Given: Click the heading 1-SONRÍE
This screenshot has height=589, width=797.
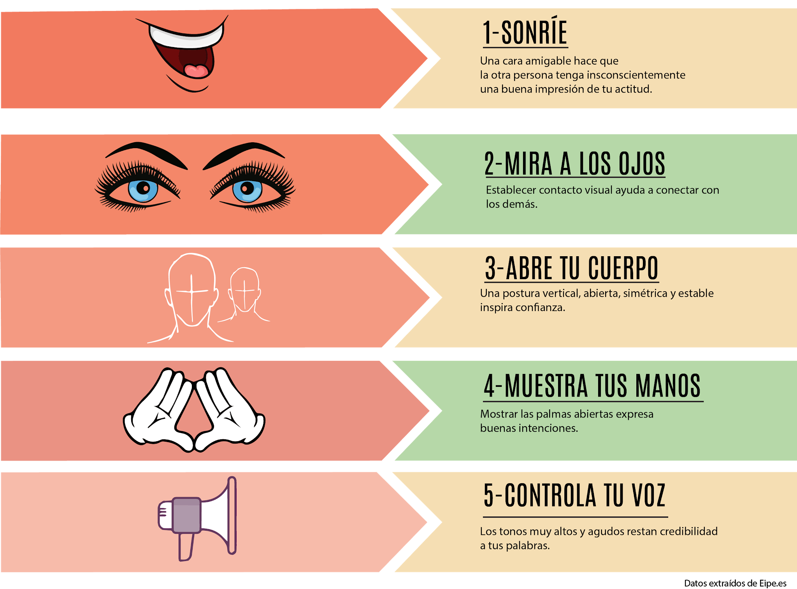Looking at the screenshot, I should point(525,33).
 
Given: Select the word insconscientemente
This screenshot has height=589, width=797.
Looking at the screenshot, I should point(636,75).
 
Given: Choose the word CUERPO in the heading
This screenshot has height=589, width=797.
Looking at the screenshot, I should point(623,268).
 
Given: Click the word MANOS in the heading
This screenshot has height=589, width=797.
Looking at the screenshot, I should point(668,386).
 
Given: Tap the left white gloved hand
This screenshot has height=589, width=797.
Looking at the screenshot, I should point(160,412).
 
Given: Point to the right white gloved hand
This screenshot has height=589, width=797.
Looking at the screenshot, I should point(230,412).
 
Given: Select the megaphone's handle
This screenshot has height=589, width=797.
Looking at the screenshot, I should point(186,546).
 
